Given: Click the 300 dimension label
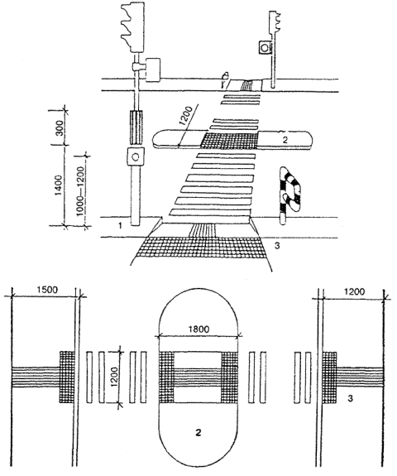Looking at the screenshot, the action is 60,128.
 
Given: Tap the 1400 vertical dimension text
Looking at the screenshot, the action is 60,185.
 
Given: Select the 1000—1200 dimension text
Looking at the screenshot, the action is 80,191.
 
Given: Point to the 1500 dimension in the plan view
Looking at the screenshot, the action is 47,290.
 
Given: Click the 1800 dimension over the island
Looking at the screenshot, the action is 198,329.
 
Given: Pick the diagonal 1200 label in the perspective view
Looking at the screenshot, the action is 185,116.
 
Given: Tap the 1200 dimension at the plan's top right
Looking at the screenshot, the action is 355,291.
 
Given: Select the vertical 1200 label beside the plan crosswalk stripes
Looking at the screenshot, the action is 114,377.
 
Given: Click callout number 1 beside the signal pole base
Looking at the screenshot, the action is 121,225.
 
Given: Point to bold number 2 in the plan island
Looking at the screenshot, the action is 198,432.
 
